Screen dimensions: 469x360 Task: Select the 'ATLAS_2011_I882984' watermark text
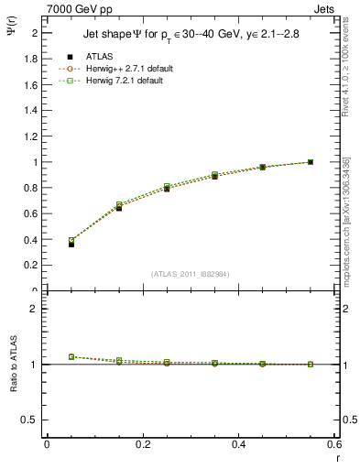(x=190, y=273)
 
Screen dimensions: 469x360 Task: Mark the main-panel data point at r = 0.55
(x=311, y=162)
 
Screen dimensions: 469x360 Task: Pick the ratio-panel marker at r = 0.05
(x=71, y=356)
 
